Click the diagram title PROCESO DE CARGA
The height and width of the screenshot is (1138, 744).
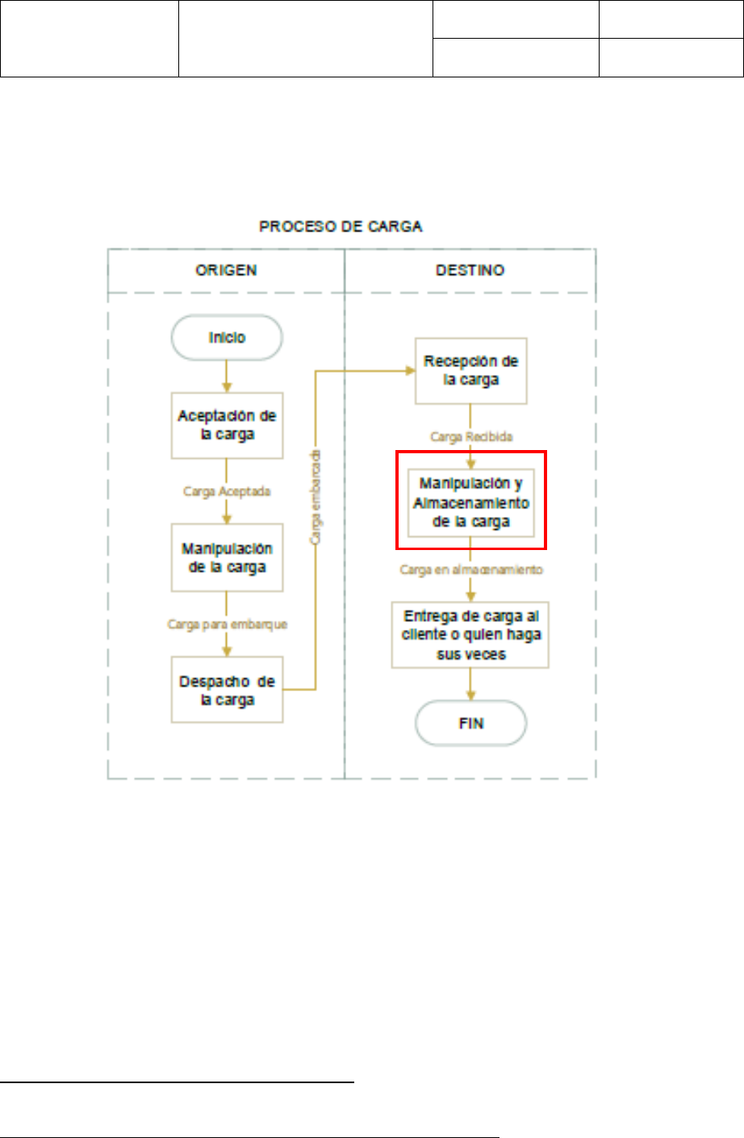click(341, 227)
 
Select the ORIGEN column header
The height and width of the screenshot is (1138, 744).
click(226, 270)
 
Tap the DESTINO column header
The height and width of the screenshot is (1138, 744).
click(470, 270)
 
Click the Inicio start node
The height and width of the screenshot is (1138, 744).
click(227, 337)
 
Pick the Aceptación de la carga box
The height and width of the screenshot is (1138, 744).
click(227, 425)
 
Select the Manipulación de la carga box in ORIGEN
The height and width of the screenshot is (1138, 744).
click(227, 557)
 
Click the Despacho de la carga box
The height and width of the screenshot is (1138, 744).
click(227, 690)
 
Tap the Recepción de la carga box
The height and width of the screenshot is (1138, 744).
click(470, 370)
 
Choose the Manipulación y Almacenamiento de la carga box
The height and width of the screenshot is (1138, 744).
click(470, 502)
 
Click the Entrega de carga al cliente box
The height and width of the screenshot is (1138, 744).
click(470, 635)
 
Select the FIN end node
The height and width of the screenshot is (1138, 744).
click(470, 723)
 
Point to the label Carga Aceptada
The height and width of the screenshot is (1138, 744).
click(227, 491)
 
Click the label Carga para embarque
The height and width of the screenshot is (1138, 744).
click(227, 624)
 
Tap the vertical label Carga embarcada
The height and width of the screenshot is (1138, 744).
click(316, 496)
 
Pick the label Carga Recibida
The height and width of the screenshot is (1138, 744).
click(470, 436)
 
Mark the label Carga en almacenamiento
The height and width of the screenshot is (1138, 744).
click(470, 569)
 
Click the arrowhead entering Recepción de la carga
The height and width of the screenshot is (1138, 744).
click(409, 370)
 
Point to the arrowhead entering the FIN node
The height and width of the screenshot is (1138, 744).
click(470, 696)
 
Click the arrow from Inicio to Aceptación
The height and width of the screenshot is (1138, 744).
click(227, 376)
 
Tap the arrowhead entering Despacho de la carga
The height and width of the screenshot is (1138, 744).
click(227, 650)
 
